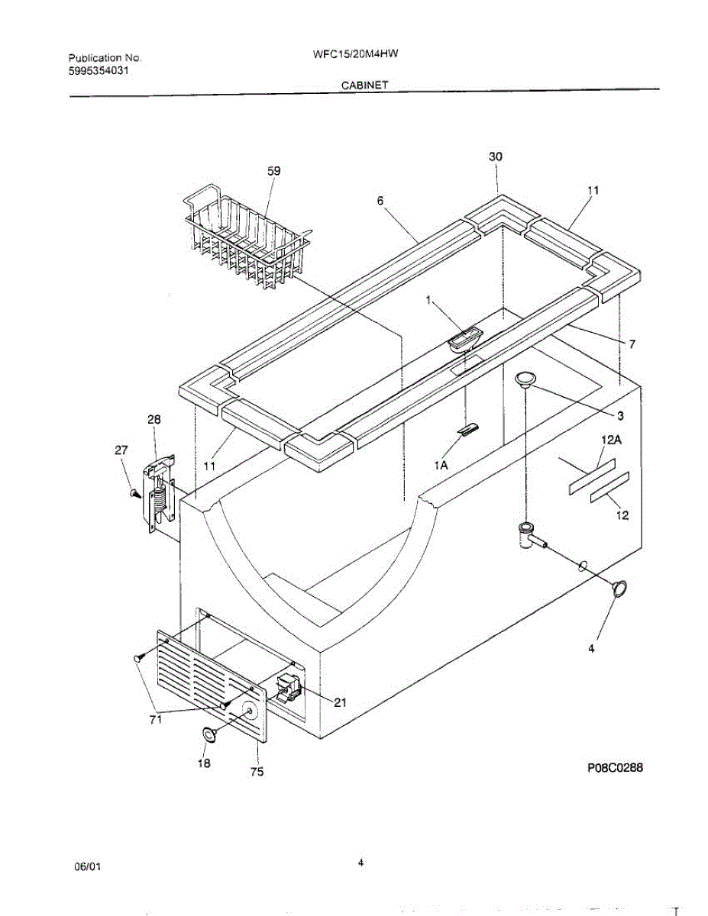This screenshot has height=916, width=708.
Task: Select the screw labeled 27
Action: coord(134,494)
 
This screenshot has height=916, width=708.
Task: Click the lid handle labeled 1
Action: coord(465,338)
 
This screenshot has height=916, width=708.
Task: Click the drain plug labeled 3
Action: coord(525,379)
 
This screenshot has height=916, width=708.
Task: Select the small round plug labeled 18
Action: coord(208,734)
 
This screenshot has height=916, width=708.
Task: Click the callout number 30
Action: coord(496,156)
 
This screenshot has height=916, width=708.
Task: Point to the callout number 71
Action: coord(156,719)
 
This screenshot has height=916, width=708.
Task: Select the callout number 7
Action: coord(632,344)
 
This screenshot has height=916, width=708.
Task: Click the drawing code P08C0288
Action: coord(615,768)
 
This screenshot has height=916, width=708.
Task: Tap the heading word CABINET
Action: coord(364,85)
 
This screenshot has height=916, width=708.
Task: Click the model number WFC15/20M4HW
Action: coord(357,54)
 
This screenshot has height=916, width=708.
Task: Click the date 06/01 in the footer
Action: coord(87,867)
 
